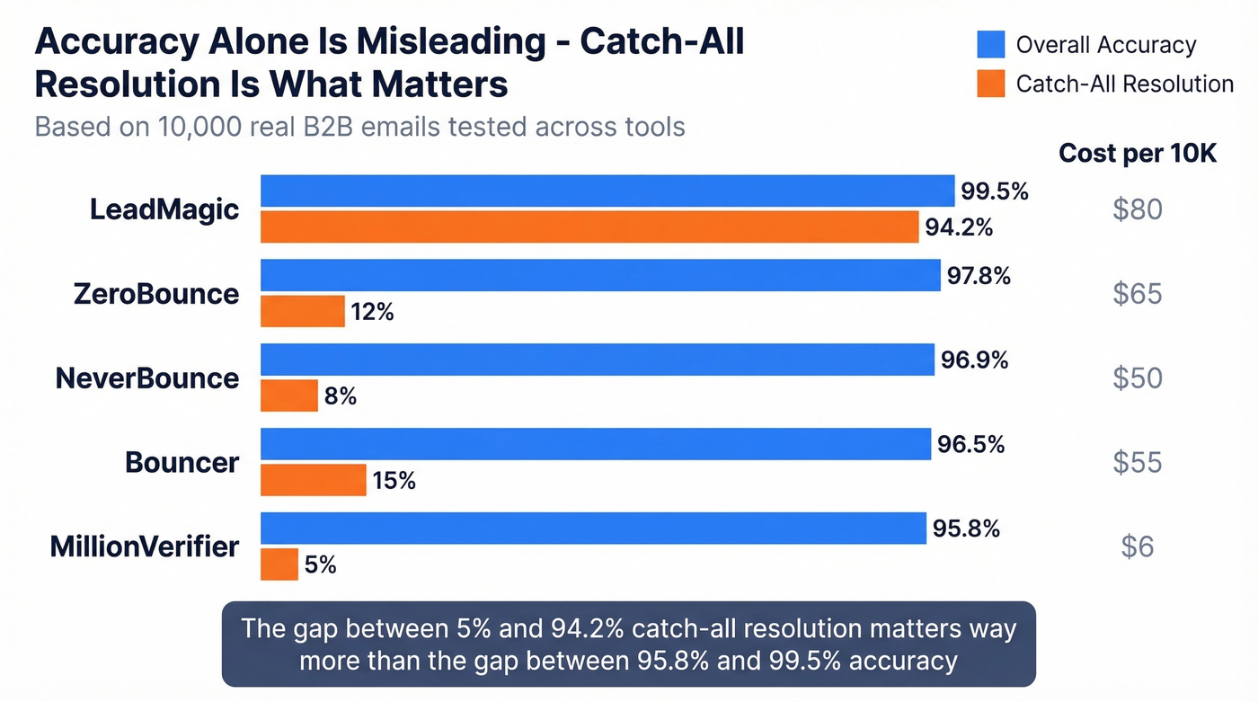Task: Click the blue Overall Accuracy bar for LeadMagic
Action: (x=607, y=191)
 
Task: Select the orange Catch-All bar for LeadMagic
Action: (x=589, y=227)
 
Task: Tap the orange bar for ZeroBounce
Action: (x=303, y=312)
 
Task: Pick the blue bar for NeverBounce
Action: (x=598, y=360)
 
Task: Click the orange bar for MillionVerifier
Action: (x=279, y=564)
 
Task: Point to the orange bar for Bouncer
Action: (x=313, y=480)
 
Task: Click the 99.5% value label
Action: (x=994, y=191)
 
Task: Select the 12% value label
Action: (x=373, y=312)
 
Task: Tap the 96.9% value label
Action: (x=974, y=360)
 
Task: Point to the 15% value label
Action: (x=394, y=481)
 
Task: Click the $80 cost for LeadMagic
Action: (x=1137, y=209)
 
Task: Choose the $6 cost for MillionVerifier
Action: (x=1137, y=546)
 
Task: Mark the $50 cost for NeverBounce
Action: (x=1137, y=378)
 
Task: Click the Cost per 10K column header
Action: (x=1137, y=154)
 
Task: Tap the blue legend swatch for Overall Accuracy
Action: (x=989, y=44)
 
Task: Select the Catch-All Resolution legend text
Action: (x=1124, y=84)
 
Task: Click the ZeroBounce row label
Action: (x=156, y=294)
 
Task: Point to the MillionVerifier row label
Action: (x=145, y=546)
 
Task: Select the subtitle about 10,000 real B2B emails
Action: (x=359, y=126)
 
